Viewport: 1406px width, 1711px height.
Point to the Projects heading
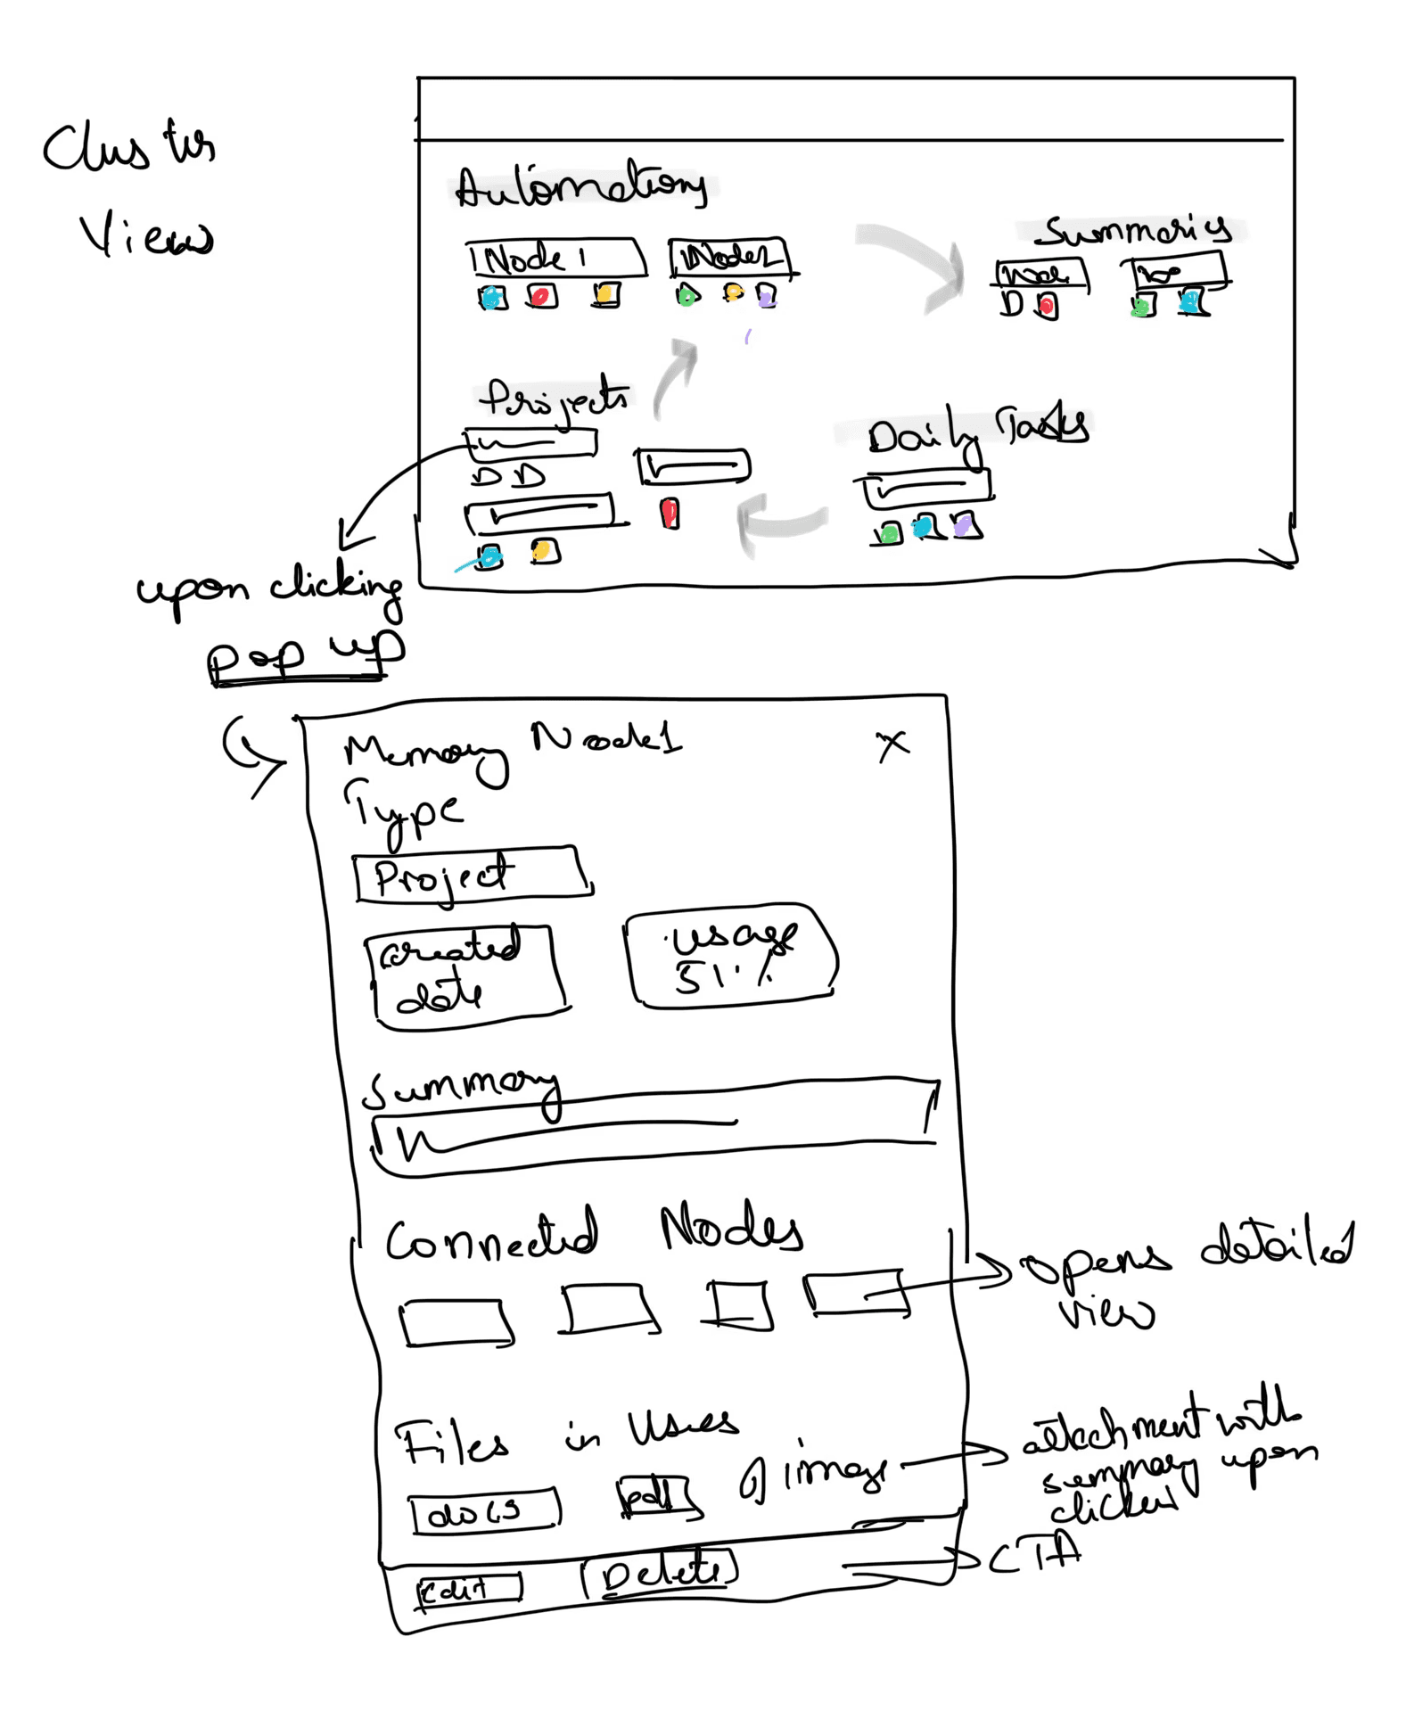point(555,399)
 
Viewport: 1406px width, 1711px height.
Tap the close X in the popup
point(892,744)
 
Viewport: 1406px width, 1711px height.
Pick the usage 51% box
point(730,958)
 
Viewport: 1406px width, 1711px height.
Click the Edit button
point(468,1589)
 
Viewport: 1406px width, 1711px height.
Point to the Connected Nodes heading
point(593,1231)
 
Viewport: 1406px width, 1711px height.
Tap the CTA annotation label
point(1034,1557)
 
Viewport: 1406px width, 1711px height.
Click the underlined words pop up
point(303,655)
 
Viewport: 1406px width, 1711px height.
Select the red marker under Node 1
point(540,295)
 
